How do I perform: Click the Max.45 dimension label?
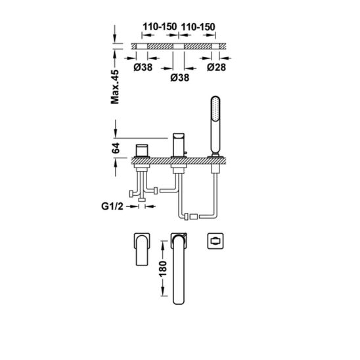115,87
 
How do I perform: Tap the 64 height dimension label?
116,148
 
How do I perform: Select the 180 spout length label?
162,269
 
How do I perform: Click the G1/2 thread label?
112,206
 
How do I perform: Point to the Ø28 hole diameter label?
216,67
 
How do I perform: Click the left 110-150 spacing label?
160,27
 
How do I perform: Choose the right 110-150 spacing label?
198,27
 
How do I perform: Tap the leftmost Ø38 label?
143,67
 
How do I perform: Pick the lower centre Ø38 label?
180,78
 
